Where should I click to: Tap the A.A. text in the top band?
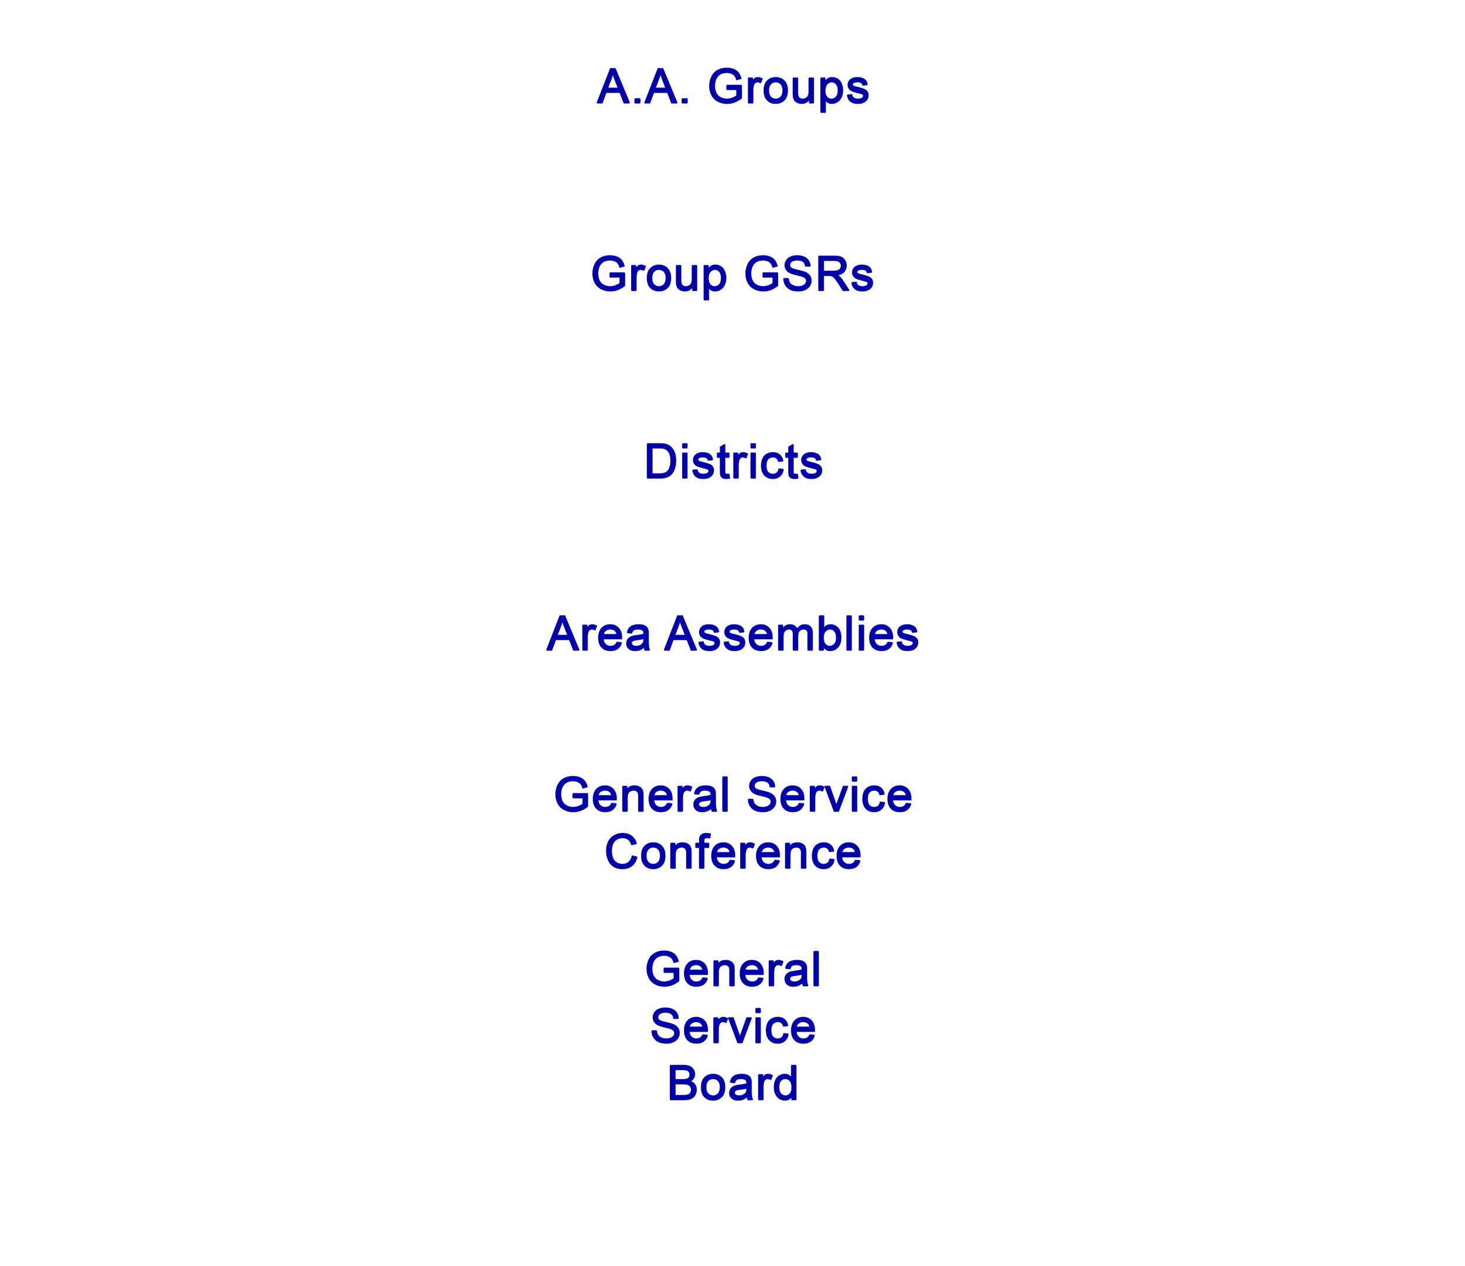(x=643, y=88)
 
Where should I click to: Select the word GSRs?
(x=808, y=275)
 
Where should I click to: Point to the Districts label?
(x=733, y=462)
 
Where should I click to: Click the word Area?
(x=598, y=634)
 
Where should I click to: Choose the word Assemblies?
(x=791, y=634)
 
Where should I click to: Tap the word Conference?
(x=733, y=852)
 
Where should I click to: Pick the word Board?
(x=733, y=1084)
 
